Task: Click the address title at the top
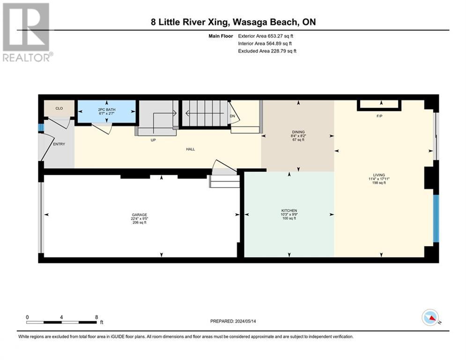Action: [233, 22]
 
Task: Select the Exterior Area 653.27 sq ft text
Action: [266, 36]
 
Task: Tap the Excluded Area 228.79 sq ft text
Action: [267, 51]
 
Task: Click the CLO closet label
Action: [59, 108]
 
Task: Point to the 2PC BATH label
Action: [107, 110]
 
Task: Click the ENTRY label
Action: [59, 144]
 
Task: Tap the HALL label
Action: [191, 149]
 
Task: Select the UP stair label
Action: [153, 140]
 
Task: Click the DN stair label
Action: [232, 116]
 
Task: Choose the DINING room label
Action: [298, 132]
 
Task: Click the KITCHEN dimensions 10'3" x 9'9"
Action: [289, 214]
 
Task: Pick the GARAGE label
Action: [140, 215]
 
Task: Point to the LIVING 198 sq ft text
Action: [379, 183]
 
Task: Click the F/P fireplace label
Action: [379, 116]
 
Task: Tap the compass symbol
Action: [430, 317]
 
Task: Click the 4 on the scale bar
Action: [61, 317]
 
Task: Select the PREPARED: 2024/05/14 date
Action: [233, 321]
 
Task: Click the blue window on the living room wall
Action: [436, 219]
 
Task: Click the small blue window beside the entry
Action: [41, 128]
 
